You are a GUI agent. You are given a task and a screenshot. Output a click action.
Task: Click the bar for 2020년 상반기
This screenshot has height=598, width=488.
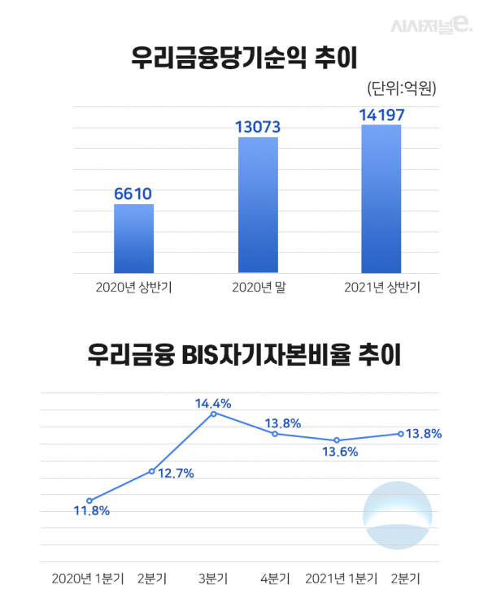click(x=133, y=238)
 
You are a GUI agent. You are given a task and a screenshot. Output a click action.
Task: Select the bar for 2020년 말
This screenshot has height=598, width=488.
click(x=258, y=205)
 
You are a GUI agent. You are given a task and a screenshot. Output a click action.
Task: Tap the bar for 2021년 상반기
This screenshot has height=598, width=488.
click(x=381, y=198)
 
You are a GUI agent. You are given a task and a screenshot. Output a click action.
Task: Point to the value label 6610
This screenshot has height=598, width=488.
click(x=133, y=193)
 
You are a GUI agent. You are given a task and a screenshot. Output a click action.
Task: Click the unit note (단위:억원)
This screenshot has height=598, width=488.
click(x=402, y=89)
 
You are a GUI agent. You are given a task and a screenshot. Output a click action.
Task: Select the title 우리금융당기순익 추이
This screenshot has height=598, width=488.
click(x=244, y=58)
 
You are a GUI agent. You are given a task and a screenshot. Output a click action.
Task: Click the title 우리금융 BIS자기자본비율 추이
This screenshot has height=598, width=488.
click(x=244, y=356)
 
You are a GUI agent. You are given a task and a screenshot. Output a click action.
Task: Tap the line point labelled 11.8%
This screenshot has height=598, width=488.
click(x=89, y=500)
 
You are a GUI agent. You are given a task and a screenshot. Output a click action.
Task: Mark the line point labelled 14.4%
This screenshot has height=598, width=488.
click(x=213, y=414)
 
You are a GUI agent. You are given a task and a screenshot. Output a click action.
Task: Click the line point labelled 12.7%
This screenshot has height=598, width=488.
click(x=151, y=471)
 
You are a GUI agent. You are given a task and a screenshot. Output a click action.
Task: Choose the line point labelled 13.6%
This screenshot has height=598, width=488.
click(x=337, y=440)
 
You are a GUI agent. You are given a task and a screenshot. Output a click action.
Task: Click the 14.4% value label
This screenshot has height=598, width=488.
click(x=213, y=402)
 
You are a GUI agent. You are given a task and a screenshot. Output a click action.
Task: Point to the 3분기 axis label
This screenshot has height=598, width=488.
click(x=213, y=578)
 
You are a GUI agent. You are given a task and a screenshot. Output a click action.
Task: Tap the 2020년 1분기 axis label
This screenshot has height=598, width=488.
click(x=88, y=578)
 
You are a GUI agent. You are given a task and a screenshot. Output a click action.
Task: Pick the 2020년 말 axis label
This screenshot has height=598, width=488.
click(x=257, y=287)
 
